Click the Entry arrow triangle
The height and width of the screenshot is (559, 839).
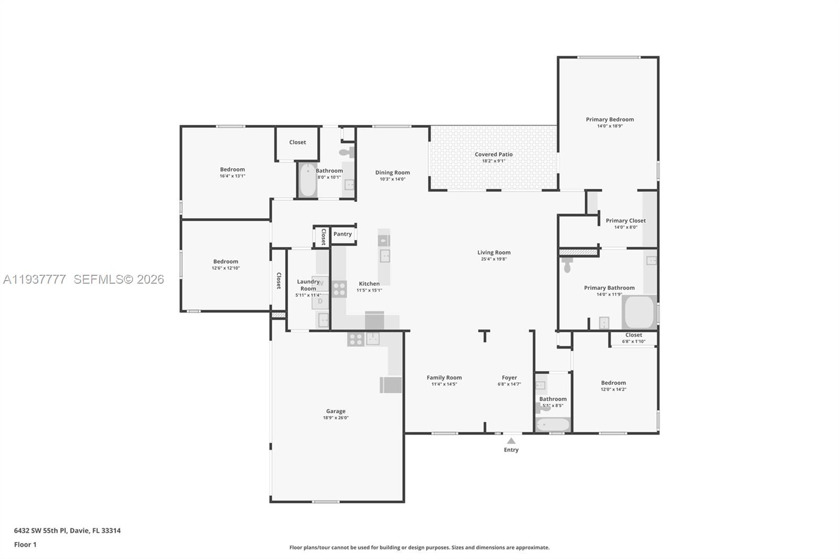click(x=511, y=441)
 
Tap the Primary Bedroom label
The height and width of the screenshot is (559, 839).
click(x=610, y=120)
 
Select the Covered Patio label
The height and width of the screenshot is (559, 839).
click(x=493, y=154)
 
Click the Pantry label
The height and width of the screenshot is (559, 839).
click(x=342, y=234)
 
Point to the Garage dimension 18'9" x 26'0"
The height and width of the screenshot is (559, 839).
click(x=336, y=418)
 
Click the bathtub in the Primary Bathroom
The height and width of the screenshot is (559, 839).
click(x=639, y=313)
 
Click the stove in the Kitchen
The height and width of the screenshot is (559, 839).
click(x=339, y=289)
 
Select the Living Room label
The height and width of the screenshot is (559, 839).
click(x=493, y=252)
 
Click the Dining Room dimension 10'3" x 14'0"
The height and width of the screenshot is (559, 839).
click(x=392, y=179)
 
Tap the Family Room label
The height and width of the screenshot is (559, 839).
click(x=444, y=378)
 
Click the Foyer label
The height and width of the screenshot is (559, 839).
click(x=509, y=378)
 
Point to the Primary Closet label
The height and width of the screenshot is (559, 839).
click(x=626, y=221)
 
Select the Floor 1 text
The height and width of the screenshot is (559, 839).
click(x=25, y=544)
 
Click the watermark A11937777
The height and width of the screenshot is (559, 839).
click(x=35, y=279)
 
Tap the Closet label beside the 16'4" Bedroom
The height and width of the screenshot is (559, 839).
click(x=297, y=142)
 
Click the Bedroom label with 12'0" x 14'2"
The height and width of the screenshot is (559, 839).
click(x=613, y=383)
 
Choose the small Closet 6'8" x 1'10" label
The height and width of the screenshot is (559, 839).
click(x=633, y=335)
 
